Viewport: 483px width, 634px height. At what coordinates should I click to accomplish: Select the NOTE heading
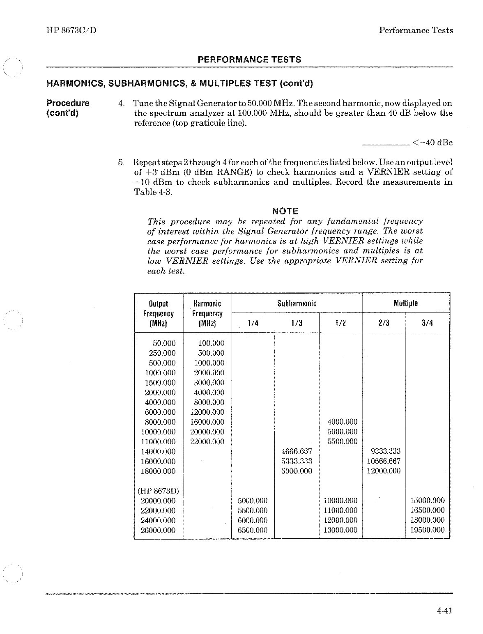285,211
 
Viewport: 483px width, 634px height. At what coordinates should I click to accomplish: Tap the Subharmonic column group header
297,303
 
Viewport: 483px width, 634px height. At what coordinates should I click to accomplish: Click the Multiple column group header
405,303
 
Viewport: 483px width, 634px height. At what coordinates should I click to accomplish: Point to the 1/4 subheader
253,323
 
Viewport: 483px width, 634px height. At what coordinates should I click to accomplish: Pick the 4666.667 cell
297,451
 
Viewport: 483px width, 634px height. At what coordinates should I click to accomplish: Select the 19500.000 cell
427,530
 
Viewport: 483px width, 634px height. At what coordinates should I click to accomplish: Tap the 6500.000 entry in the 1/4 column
253,530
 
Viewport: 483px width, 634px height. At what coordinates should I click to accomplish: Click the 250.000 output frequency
162,353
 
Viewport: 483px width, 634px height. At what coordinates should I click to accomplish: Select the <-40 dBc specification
432,143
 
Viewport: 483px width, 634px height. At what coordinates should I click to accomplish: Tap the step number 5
121,162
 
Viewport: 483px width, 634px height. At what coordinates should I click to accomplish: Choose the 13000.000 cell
340,530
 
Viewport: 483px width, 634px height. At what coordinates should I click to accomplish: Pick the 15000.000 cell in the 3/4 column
427,501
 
